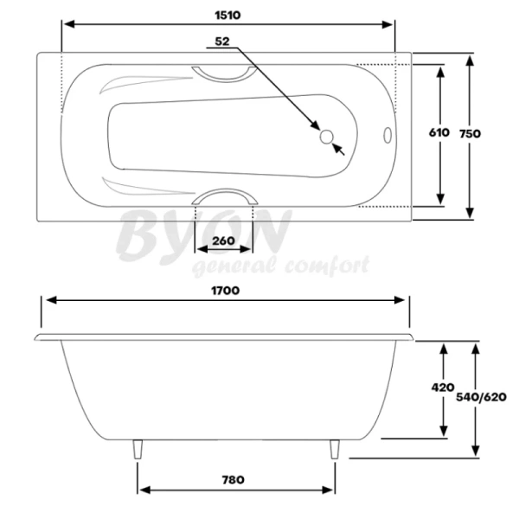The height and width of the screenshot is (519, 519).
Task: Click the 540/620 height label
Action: [x=482, y=397]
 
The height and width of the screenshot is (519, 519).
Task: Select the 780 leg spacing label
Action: [x=233, y=479]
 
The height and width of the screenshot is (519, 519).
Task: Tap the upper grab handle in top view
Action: [x=224, y=72]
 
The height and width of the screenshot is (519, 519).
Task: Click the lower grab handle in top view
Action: [x=225, y=198]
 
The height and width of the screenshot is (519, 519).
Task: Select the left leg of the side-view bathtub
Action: [x=138, y=450]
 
